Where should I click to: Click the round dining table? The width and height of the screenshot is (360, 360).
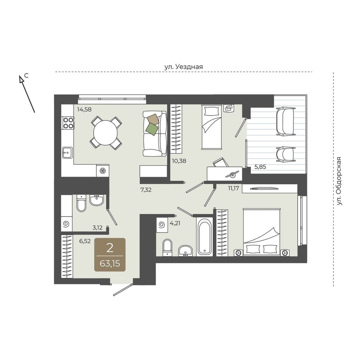[x=106, y=133]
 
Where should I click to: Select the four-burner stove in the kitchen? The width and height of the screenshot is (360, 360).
[x=68, y=123]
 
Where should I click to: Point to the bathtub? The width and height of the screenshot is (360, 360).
[x=205, y=237]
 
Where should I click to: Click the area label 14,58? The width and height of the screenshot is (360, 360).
[x=84, y=109]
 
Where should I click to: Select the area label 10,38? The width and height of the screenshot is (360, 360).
[x=179, y=161]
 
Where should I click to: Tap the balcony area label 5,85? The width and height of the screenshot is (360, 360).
[x=260, y=167]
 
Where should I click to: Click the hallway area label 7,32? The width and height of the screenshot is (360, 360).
[x=146, y=190]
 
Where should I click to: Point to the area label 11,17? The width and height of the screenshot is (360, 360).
[x=233, y=188]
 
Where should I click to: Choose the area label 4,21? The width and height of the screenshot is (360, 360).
[x=175, y=223]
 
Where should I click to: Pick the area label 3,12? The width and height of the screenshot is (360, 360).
[x=97, y=227]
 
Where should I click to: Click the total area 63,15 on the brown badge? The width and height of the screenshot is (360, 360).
[x=110, y=264]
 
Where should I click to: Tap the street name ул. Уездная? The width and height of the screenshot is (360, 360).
[x=184, y=67]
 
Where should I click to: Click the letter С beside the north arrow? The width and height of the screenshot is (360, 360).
[x=27, y=76]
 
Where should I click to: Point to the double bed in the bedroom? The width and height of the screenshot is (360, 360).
[x=262, y=232]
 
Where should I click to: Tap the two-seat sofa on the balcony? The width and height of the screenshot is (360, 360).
[x=286, y=121]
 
